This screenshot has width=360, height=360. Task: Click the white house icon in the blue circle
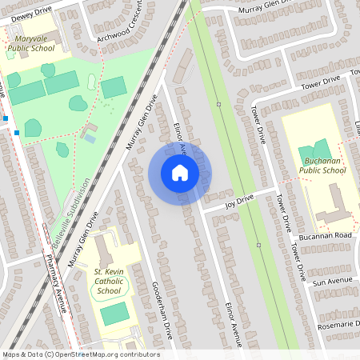(179, 173)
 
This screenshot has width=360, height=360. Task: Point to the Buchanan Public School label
(322, 166)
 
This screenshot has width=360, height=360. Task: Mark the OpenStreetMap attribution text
(80, 354)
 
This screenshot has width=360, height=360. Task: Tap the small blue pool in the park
(89, 139)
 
